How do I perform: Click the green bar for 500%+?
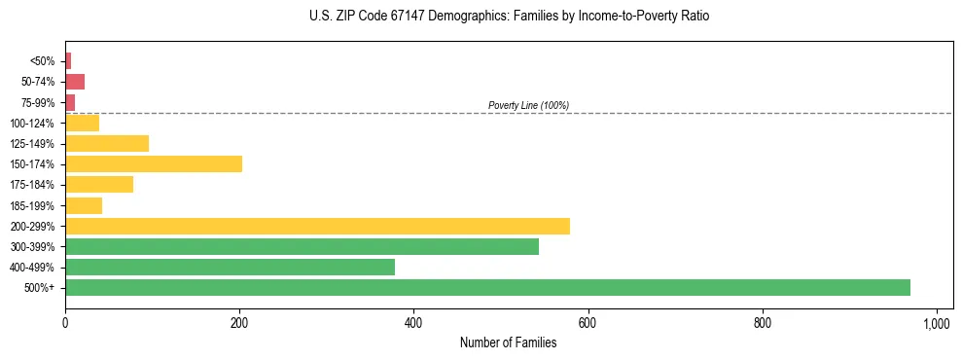487,288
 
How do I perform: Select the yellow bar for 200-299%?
317,227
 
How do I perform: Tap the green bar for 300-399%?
302,247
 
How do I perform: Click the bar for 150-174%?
154,164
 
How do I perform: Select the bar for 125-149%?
107,144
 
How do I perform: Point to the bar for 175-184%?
99,185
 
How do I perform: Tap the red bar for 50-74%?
75,82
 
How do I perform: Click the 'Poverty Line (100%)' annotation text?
528,105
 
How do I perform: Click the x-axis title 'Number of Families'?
508,342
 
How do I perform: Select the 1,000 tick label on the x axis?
937,322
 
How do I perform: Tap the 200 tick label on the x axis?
239,322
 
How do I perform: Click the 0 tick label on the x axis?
65,322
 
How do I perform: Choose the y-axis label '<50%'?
43,61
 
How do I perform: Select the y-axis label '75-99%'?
39,102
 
